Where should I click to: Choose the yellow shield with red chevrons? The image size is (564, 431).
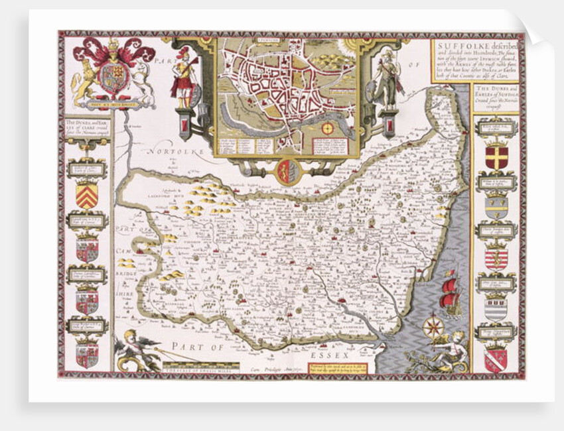87,194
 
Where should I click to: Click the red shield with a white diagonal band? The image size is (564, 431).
495,359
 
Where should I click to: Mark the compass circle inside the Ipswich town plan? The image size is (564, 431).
327,127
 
